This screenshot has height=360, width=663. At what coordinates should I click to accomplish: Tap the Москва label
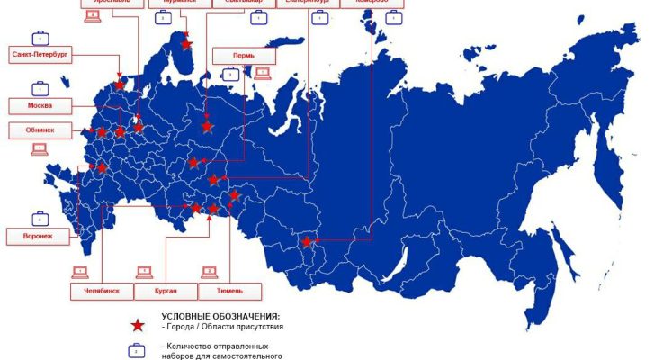click(40, 106)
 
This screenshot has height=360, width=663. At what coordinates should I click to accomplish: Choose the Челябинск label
click(101, 292)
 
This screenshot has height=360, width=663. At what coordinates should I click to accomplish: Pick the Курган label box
click(166, 292)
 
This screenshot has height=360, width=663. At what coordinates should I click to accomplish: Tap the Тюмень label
click(228, 292)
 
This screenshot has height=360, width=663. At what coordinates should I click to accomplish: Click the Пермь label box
click(243, 57)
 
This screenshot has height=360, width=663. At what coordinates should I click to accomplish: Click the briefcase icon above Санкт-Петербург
click(40, 39)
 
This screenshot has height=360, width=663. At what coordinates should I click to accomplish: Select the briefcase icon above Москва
click(40, 89)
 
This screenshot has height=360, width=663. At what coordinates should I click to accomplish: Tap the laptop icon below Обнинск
click(40, 149)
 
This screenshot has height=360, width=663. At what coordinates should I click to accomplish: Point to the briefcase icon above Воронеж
click(40, 219)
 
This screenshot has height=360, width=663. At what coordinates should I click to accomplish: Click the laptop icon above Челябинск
click(80, 271)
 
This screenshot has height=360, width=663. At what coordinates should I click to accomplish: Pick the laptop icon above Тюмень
click(209, 271)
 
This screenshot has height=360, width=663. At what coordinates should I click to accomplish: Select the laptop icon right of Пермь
click(263, 73)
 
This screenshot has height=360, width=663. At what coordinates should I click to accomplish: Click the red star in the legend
click(137, 326)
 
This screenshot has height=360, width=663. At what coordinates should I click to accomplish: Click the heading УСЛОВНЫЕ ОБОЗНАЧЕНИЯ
click(220, 317)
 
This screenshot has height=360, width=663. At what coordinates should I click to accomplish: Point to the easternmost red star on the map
click(307, 241)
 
